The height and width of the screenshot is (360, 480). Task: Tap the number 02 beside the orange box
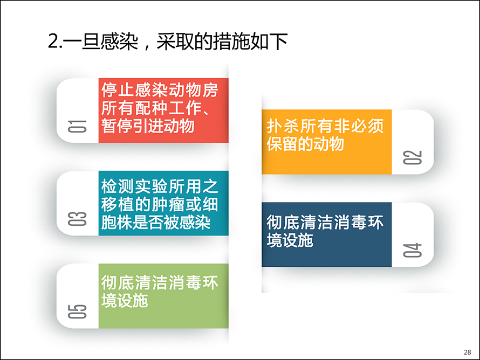(x=413, y=157)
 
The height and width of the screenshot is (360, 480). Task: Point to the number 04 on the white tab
(x=413, y=250)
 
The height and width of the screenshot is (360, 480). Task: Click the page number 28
(x=468, y=352)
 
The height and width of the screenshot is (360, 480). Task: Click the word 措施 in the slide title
(x=231, y=41)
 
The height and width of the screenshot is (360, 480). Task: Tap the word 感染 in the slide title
(x=119, y=41)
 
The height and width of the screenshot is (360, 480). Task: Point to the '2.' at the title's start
(x=55, y=41)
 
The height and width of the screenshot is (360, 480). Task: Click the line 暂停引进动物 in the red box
(x=148, y=126)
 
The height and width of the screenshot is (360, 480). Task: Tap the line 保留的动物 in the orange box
(x=305, y=144)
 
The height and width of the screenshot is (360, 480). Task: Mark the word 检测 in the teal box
(x=118, y=186)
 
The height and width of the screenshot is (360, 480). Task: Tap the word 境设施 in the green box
(x=125, y=301)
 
